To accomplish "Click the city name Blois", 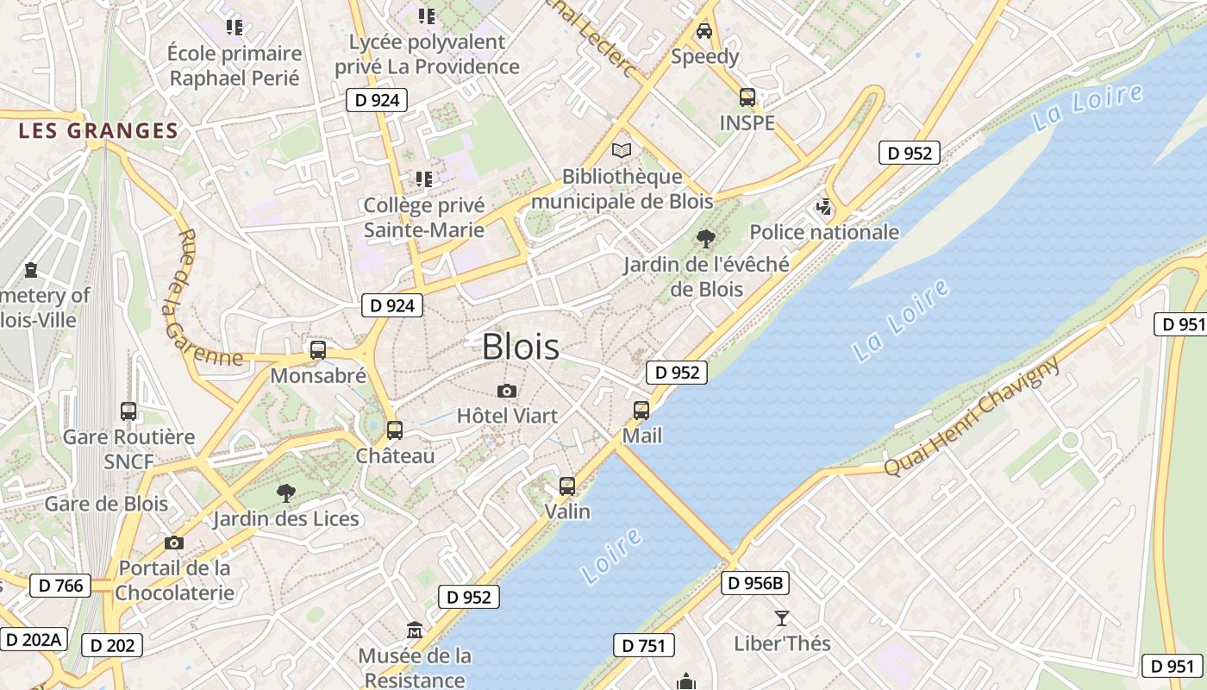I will click(x=521, y=347).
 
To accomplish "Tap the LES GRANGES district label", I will click(x=98, y=131).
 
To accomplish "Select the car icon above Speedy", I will click(x=704, y=31).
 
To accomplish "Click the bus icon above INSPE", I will click(x=747, y=97).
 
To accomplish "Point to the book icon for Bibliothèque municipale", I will click(x=621, y=150).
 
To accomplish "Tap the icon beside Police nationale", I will click(x=824, y=207).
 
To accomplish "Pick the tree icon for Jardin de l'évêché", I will click(x=706, y=239).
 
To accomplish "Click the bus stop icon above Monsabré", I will click(x=318, y=350).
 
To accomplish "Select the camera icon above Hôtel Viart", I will click(x=507, y=391).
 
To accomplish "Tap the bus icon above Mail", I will click(x=641, y=411).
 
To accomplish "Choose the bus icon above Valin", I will click(x=566, y=486).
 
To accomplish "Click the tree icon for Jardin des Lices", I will click(x=285, y=493).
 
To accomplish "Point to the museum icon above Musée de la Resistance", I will click(x=415, y=630).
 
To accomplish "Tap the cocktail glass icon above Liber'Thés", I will click(x=782, y=618).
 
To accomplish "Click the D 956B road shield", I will click(x=755, y=583).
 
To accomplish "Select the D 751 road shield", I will click(x=643, y=645).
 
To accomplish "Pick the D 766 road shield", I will click(x=60, y=586).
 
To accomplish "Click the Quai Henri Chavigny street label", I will click(x=972, y=417).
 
